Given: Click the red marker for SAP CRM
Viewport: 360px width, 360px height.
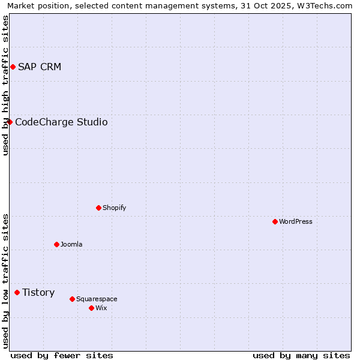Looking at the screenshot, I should coord(13,67).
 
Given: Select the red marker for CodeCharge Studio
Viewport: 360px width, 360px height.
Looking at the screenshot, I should coord(10,122).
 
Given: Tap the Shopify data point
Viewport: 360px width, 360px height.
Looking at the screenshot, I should coord(98,208).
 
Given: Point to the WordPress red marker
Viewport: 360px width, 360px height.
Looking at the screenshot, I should coord(275,222).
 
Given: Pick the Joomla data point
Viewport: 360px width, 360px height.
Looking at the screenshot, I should coord(56,245).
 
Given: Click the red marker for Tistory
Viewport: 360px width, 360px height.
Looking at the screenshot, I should coord(17,293).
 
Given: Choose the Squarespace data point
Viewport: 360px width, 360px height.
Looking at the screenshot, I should coord(72,299).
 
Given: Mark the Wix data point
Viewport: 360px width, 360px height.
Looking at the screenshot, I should coord(91,308).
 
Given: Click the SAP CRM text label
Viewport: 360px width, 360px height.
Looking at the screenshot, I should coord(40,67).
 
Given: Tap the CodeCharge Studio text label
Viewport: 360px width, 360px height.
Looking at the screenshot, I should coord(61,122).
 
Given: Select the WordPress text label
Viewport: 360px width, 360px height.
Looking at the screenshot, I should coord(296,222).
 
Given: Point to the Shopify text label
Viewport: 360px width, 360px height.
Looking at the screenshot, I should coord(115,208).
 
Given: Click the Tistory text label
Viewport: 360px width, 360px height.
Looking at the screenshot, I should coord(38,293).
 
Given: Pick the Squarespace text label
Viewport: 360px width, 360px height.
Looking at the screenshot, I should coord(97,299).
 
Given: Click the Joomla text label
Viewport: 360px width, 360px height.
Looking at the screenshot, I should coord(71,245).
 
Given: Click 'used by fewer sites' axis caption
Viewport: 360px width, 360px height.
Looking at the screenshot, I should coord(62,356).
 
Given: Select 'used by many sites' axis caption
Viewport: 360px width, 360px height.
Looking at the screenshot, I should coord(301,356).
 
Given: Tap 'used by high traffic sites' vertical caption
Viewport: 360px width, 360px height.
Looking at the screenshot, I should coord(5,85).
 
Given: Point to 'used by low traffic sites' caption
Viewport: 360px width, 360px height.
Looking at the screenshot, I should coord(5,281).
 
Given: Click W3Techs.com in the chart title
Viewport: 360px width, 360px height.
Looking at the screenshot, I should coord(323,5).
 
